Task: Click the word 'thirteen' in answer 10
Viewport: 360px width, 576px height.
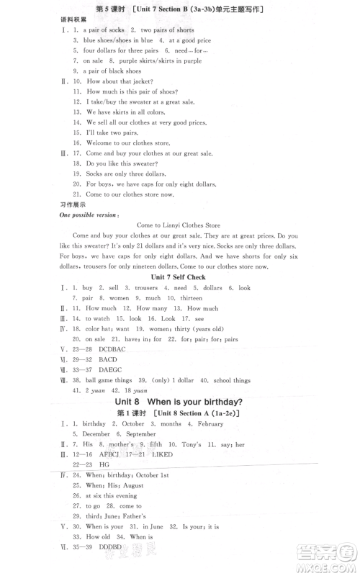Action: click(x=191, y=297)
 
